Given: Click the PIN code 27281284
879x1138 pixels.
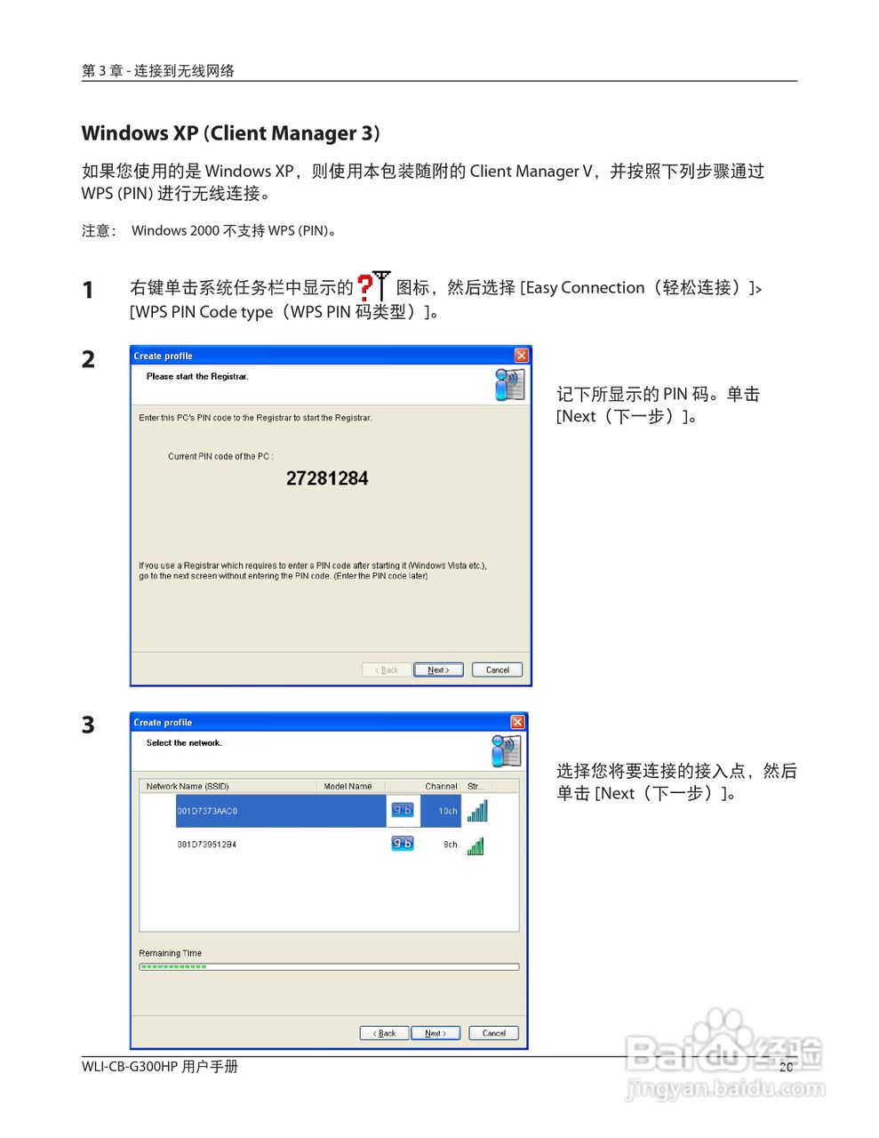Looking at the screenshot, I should pos(327,478).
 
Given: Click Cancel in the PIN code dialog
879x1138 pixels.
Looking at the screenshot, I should pos(497,669).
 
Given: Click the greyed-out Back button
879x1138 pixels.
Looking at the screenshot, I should pos(387,669).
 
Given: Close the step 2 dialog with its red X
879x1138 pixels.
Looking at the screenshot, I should pos(521,356).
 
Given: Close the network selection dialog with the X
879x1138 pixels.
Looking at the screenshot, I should pos(517,722).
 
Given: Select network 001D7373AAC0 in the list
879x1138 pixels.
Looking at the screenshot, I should pos(207,811).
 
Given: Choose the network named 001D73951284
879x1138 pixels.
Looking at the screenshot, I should pos(207,845).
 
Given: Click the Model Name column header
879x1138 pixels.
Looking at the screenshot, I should pos(348,786).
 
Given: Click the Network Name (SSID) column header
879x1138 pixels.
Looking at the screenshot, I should pos(188,786).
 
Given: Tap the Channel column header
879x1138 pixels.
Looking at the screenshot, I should pos(441,786).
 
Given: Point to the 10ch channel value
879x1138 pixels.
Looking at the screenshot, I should pos(448,811).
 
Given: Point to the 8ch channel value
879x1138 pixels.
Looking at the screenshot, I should pos(451,845).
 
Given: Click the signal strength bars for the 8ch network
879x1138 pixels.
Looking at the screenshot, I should pos(475,845).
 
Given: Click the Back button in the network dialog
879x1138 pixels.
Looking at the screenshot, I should pos(384,1033).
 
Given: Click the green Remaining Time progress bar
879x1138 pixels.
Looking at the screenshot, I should pos(174,966).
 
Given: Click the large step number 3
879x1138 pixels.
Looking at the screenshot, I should pos(88,725).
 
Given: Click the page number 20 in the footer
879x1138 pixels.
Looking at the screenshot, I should pos(786,1067).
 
